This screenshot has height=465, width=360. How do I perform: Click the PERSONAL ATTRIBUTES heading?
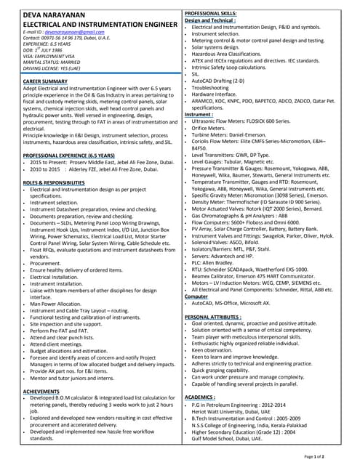(220, 318)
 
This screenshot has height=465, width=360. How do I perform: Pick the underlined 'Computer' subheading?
(196, 296)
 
